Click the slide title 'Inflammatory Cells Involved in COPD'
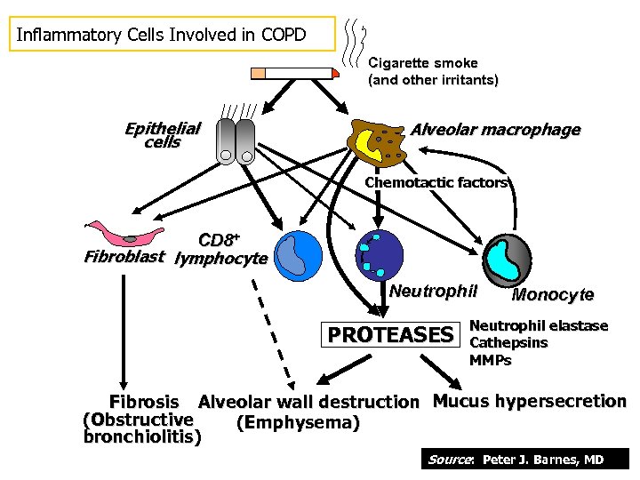pos(162,36)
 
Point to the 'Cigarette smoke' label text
pos(423,63)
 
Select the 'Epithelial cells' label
pos(163,135)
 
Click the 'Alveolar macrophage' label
pos(495,130)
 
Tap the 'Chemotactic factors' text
pos(436,183)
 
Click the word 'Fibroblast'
pos(124,259)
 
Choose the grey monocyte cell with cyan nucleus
pos(508,259)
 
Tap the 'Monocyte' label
pos(553,295)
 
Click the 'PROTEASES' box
pos(390,335)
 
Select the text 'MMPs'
pos(491,360)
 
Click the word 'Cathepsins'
pos(508,343)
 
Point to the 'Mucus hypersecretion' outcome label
pos(529,401)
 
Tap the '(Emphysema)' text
pos(298,422)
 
